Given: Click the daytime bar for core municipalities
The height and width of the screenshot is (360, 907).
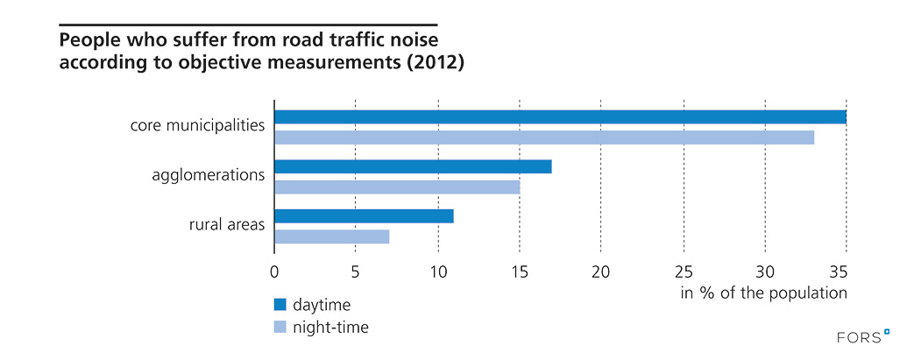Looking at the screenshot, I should click(560, 117).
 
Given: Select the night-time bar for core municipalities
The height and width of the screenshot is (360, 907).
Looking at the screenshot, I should click(544, 137).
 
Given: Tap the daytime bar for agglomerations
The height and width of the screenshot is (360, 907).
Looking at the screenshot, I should click(413, 166).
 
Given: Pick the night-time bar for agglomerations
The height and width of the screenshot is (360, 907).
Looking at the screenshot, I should click(397, 187).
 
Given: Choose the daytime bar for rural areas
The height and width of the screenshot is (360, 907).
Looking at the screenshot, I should click(364, 216).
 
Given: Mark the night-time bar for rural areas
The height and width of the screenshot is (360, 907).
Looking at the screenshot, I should click(332, 236).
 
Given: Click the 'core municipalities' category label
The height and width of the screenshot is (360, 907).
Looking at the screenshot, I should click(197, 125).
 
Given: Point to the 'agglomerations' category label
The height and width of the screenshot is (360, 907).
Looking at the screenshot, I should click(209, 175).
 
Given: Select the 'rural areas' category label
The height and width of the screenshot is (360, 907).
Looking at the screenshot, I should click(226, 225).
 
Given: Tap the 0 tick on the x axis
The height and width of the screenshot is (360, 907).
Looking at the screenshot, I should click(274, 271).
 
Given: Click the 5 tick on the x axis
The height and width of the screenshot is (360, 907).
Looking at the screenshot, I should click(355, 271).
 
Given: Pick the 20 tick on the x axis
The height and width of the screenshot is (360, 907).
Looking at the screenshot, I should click(600, 271).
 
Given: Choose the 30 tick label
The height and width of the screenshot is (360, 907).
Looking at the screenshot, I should click(764, 271).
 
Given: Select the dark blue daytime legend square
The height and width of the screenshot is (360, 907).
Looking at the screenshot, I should click(280, 305).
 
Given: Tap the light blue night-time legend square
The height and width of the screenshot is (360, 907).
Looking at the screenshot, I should click(280, 327).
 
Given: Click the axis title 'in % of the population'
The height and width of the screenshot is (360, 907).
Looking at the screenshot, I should click(763, 293).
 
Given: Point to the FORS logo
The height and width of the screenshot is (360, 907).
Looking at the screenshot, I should click(863, 336).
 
